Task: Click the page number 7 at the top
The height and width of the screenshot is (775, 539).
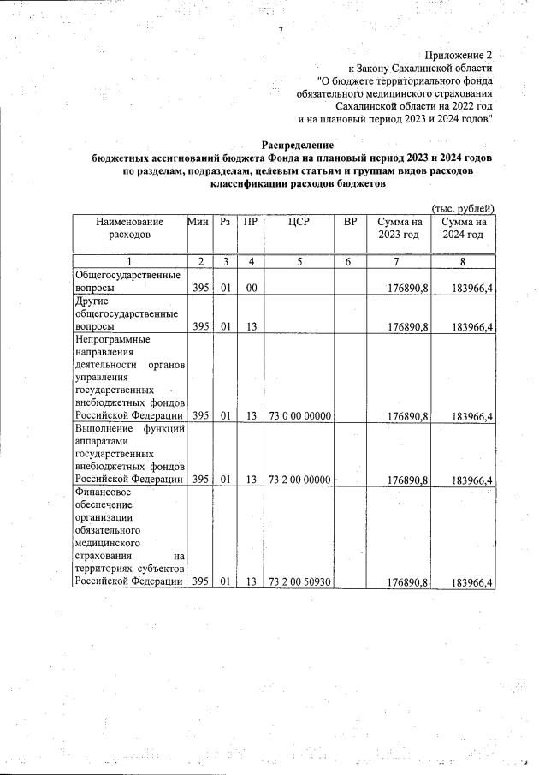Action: click(x=281, y=32)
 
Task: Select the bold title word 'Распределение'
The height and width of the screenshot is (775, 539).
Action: click(x=298, y=146)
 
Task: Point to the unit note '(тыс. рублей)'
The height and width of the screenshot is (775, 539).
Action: click(x=463, y=208)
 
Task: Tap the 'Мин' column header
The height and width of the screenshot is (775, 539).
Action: click(x=199, y=223)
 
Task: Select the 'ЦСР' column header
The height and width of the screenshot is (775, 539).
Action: click(x=299, y=223)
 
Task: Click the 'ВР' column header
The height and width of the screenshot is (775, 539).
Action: click(x=349, y=223)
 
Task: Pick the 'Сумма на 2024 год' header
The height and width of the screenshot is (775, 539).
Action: click(x=463, y=229)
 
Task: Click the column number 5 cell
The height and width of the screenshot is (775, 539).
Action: click(x=299, y=262)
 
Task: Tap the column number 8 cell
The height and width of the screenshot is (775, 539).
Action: click(x=463, y=262)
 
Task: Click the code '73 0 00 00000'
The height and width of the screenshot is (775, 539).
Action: click(x=299, y=417)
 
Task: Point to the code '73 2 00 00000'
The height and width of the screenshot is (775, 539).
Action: click(x=299, y=480)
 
